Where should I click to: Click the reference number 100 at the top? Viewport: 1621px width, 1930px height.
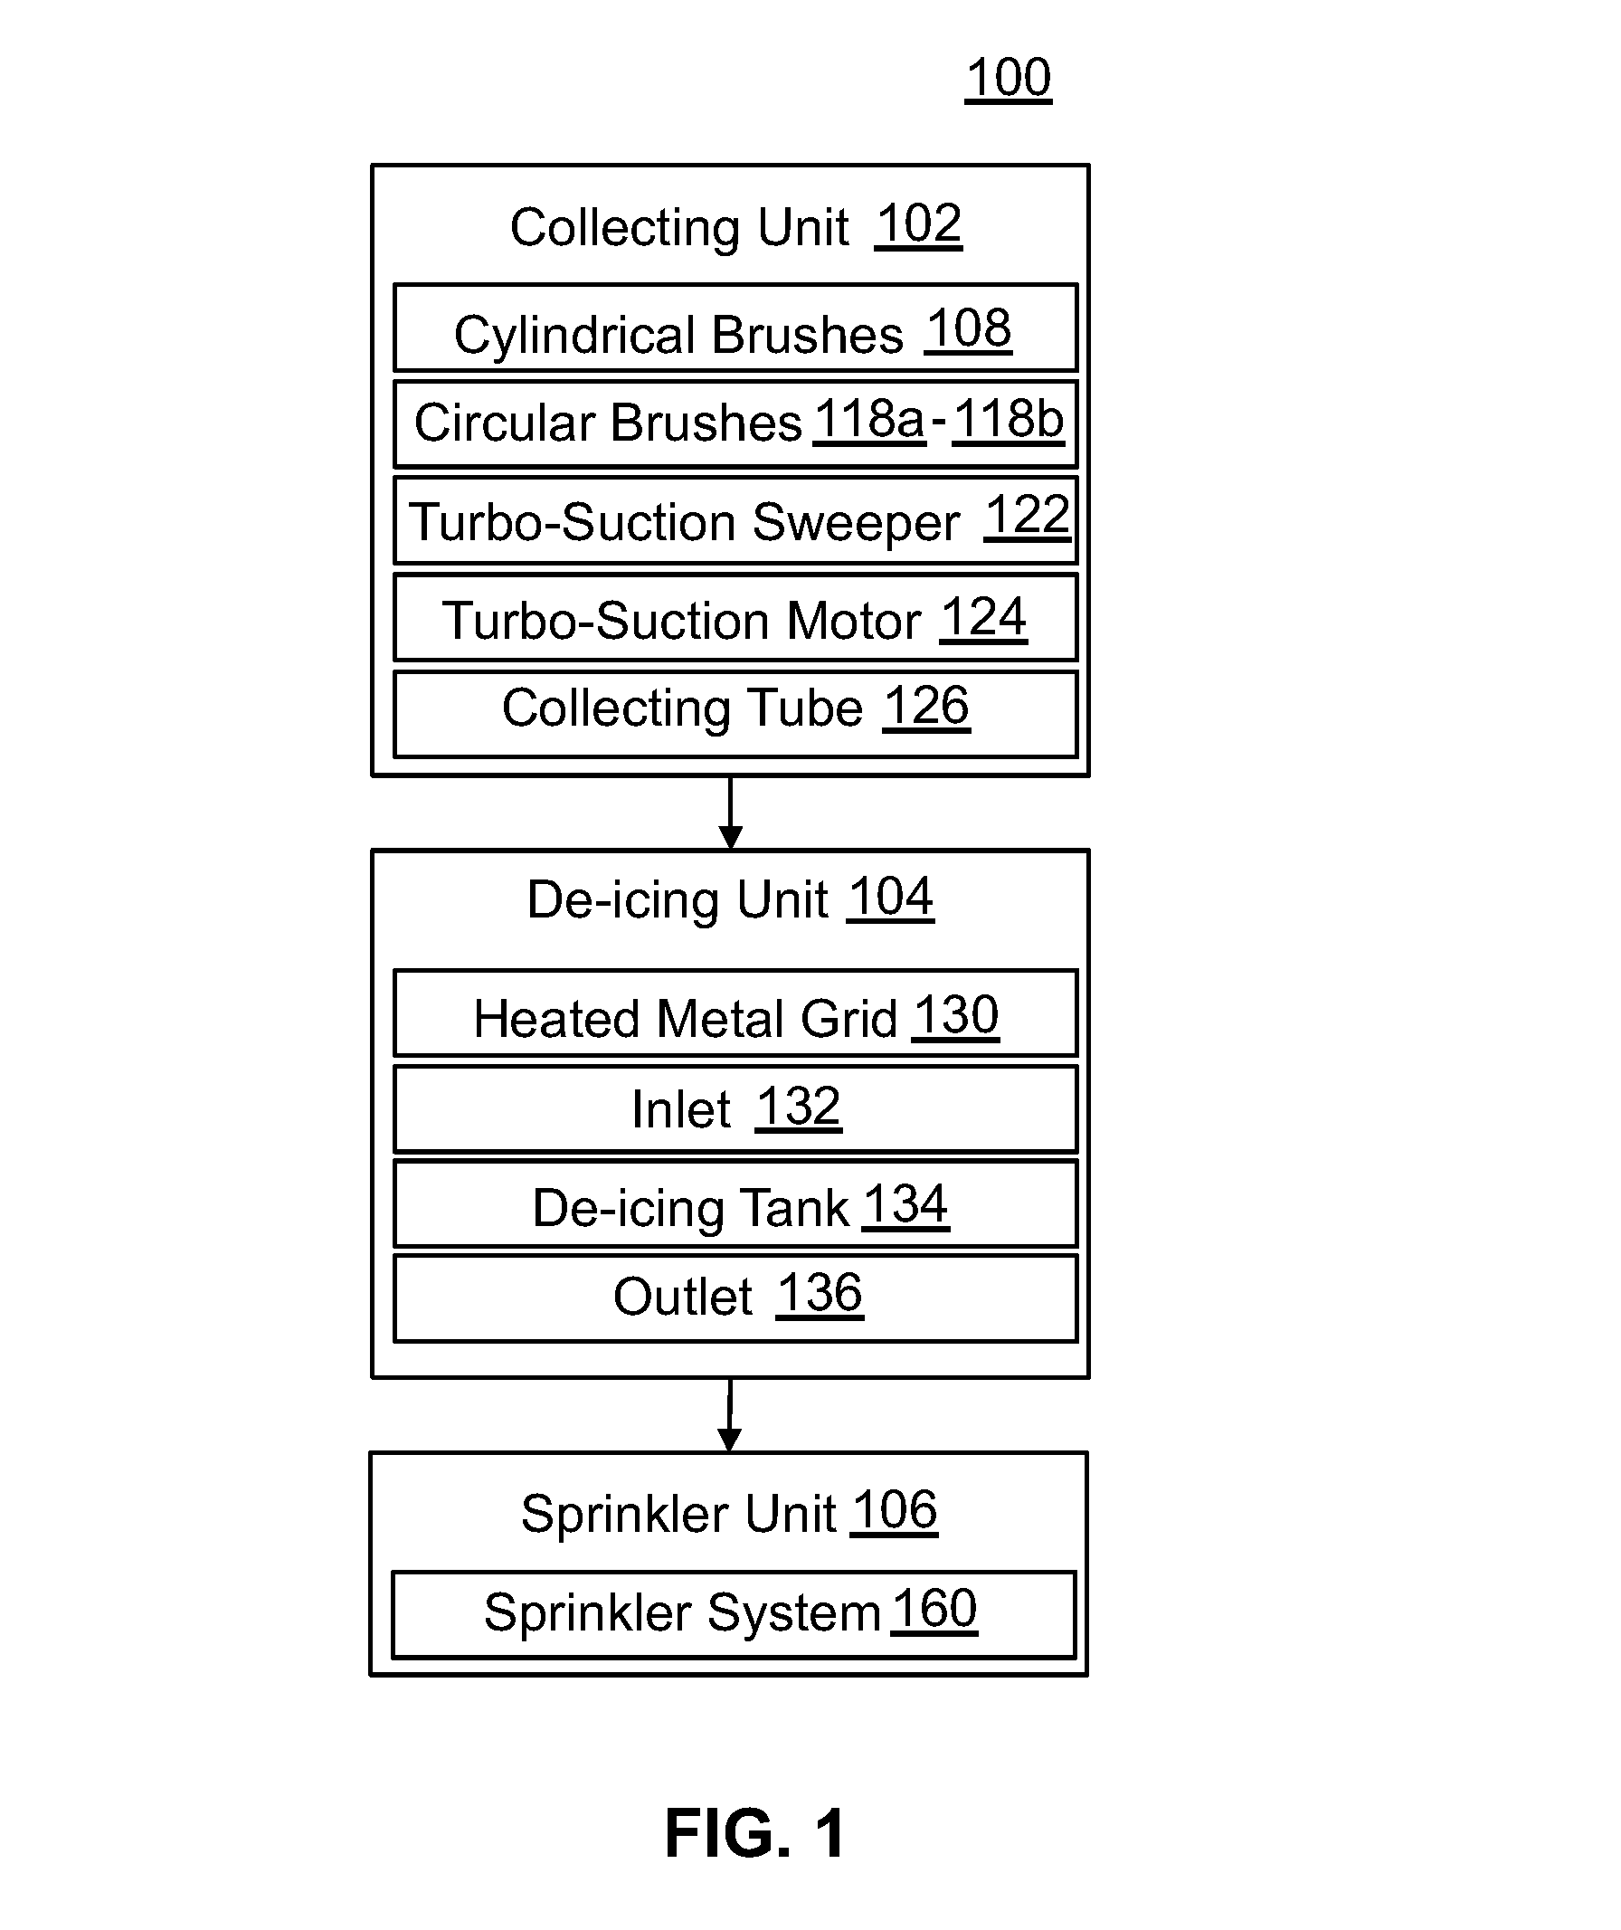(x=1008, y=78)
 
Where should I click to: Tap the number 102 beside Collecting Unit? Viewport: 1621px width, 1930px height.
(x=918, y=224)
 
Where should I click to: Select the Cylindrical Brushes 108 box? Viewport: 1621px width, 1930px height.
(x=735, y=328)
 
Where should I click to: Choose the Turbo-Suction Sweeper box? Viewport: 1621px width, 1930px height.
(x=735, y=520)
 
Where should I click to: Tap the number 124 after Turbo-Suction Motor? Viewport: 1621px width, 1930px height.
(x=983, y=618)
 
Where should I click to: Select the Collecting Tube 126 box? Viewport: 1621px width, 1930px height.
(x=735, y=714)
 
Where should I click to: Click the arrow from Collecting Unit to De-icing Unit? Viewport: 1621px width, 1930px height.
(x=731, y=813)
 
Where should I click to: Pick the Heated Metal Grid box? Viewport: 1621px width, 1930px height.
(x=735, y=1013)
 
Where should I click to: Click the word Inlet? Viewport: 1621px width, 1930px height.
(x=680, y=1109)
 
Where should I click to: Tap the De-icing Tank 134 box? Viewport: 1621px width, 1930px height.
(x=735, y=1204)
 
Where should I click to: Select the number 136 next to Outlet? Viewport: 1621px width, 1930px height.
(x=820, y=1294)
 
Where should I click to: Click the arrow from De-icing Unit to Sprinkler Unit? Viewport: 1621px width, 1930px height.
(x=730, y=1415)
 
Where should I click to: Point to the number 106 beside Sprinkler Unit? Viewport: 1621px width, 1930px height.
(x=893, y=1511)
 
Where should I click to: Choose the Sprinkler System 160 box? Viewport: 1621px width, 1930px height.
(x=734, y=1615)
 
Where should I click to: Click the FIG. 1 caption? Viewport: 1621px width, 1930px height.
(x=754, y=1833)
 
